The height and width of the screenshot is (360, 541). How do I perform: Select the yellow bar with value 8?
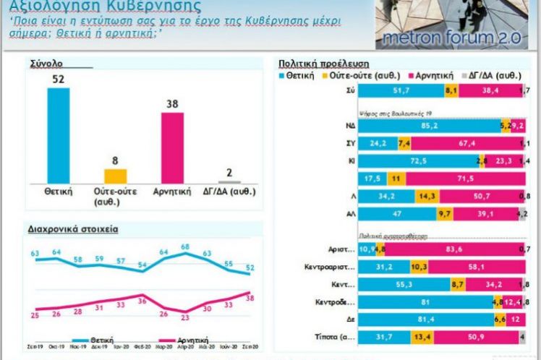(115, 176)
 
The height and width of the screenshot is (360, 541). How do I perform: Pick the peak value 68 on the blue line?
(185, 247)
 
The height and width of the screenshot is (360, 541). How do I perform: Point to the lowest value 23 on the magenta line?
(185, 316)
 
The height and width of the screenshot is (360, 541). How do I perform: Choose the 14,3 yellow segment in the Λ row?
(427, 196)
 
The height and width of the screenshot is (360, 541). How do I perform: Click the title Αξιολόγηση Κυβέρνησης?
(105, 7)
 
